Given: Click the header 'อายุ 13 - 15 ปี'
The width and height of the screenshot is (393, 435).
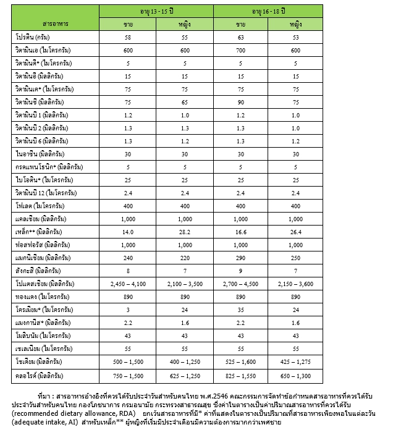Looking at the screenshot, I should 159,10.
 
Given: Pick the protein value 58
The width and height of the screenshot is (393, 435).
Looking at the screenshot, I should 127,37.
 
